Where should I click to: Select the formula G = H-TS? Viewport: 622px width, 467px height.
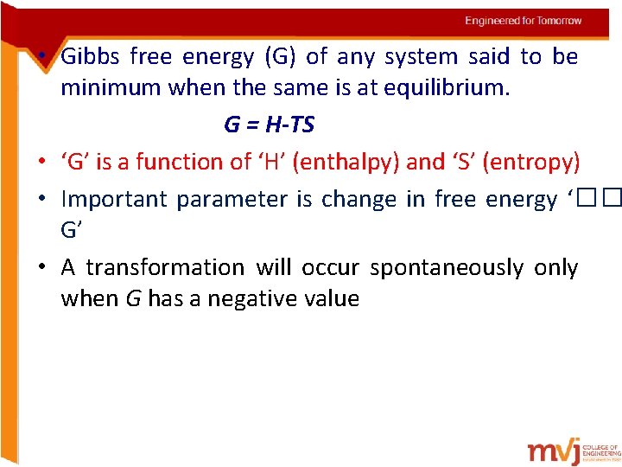pos(269,125)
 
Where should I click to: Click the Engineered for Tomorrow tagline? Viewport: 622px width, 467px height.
pos(524,21)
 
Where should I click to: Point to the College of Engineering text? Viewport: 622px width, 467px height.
pos(601,451)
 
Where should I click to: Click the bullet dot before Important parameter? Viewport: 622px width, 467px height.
pos(41,199)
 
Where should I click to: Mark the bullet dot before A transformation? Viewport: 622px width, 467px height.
pos(41,268)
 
